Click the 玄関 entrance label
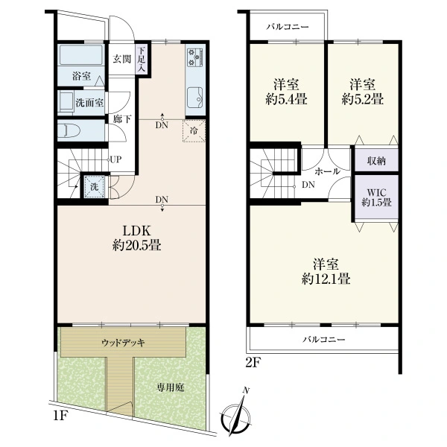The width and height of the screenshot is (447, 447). pyautogui.click(x=121, y=59)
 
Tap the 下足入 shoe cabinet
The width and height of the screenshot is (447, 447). pyautogui.click(x=142, y=60)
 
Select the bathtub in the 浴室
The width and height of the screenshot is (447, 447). pyautogui.click(x=81, y=54)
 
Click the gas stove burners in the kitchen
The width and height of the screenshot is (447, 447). pyautogui.click(x=195, y=58)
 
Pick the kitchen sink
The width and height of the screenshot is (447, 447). pyautogui.click(x=195, y=98)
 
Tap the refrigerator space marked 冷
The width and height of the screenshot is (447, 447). pyautogui.click(x=194, y=131)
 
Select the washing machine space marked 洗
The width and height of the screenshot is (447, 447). pyautogui.click(x=95, y=187)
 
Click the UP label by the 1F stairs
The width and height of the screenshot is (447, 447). pyautogui.click(x=115, y=159)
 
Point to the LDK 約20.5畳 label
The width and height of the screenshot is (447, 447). pyautogui.click(x=136, y=238)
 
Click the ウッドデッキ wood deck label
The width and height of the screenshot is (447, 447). pyautogui.click(x=123, y=343)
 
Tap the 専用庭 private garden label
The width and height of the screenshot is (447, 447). pyautogui.click(x=171, y=387)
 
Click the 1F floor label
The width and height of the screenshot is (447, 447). pyautogui.click(x=61, y=416)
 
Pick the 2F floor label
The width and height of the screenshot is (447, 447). pyautogui.click(x=253, y=363)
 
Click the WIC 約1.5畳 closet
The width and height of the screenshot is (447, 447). pyautogui.click(x=376, y=197)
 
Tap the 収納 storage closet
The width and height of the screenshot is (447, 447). pyautogui.click(x=376, y=160)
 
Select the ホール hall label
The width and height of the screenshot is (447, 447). pyautogui.click(x=327, y=171)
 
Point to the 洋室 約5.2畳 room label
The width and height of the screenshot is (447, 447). pyautogui.click(x=363, y=92)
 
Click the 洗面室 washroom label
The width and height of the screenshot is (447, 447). pyautogui.click(x=89, y=103)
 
